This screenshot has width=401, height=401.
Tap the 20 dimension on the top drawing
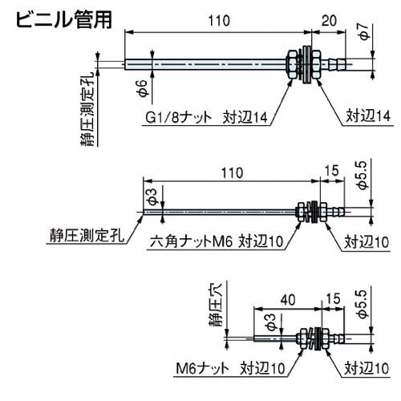click(328, 23)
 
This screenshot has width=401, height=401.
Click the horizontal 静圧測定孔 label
click(79, 237)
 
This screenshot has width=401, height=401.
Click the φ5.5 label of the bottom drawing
click(366, 310)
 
